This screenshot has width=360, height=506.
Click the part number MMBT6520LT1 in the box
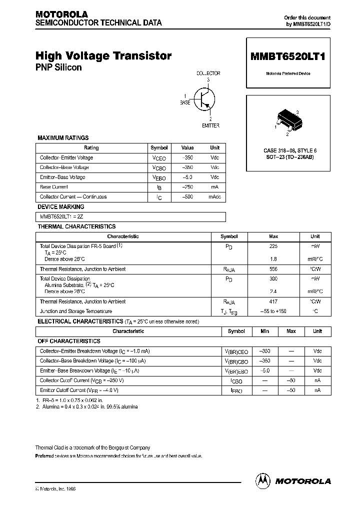coord(287,56)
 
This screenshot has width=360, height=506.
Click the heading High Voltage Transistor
coord(104,56)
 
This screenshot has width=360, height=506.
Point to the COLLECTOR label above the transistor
coord(208,73)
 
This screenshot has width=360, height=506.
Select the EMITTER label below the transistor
coord(210,125)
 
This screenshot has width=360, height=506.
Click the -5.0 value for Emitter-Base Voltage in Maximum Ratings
coord(187,177)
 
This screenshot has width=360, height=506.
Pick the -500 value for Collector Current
coord(187,197)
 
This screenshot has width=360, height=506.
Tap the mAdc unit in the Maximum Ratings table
coord(214,197)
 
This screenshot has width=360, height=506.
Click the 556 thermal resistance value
coord(273,269)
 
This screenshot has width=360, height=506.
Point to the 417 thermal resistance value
coord(273,301)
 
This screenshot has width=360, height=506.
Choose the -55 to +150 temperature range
coord(273,311)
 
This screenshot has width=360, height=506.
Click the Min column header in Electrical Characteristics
coord(264,331)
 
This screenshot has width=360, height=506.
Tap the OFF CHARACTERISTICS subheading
coord(69,341)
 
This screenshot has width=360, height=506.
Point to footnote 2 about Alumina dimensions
coord(86,406)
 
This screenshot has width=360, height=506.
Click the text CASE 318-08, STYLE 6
coord(290,150)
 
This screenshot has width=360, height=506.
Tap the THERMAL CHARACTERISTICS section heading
coord(77,226)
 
